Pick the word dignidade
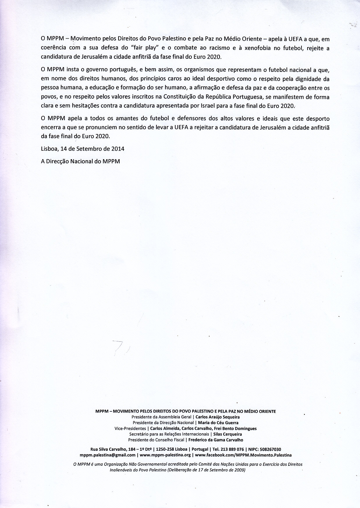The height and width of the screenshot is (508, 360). [x=307, y=79]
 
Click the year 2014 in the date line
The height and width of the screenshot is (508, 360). [x=118, y=149]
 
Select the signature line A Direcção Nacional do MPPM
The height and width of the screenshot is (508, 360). [x=80, y=161]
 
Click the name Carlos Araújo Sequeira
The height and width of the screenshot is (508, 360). [x=218, y=417]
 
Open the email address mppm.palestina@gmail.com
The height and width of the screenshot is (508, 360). [x=107, y=455]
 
